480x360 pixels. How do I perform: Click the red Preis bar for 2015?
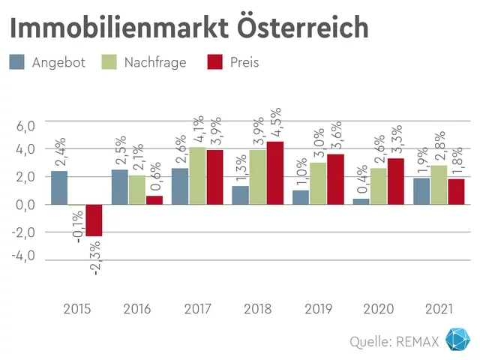pos(94,220)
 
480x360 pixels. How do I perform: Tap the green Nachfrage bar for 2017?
pos(197,175)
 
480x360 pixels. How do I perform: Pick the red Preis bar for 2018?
pos(275,172)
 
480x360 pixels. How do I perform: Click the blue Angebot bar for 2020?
pos(361,201)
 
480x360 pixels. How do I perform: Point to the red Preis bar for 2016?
pos(154,199)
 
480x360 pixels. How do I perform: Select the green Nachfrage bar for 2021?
pos(439,184)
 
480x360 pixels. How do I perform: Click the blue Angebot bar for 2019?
pos(301,196)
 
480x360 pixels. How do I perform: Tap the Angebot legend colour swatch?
pos(17,62)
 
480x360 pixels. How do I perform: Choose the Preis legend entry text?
pos(244,62)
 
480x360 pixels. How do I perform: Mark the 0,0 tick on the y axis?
pos(26,204)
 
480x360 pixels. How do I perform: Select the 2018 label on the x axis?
pos(257,309)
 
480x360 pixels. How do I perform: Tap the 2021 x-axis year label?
pos(439,309)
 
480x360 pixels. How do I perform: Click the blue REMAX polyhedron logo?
pos(457,340)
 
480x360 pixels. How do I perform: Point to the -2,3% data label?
pos(96,256)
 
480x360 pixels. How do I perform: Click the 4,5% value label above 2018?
pos(275,121)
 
